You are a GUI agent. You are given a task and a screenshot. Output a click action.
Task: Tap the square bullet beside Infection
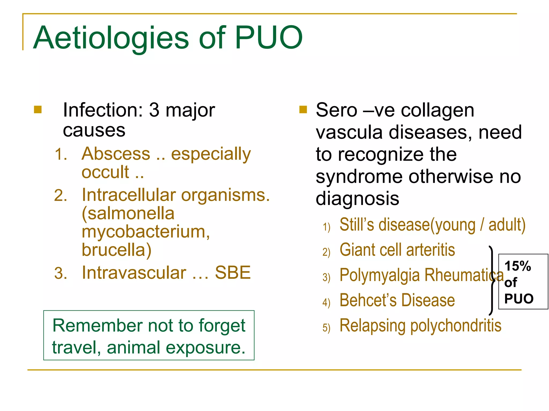(38, 110)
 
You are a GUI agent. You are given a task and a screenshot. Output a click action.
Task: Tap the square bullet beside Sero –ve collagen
(303, 110)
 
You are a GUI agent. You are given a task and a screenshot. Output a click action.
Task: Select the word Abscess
(116, 154)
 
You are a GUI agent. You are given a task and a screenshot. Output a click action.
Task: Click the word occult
(105, 172)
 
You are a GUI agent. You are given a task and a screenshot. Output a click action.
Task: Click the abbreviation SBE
(233, 273)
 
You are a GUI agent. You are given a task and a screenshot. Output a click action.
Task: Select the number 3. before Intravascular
(61, 273)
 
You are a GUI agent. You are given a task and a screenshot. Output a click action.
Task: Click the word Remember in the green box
(98, 326)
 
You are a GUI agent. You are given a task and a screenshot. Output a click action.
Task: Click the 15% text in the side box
(517, 266)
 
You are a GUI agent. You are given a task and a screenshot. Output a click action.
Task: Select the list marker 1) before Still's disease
(326, 227)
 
